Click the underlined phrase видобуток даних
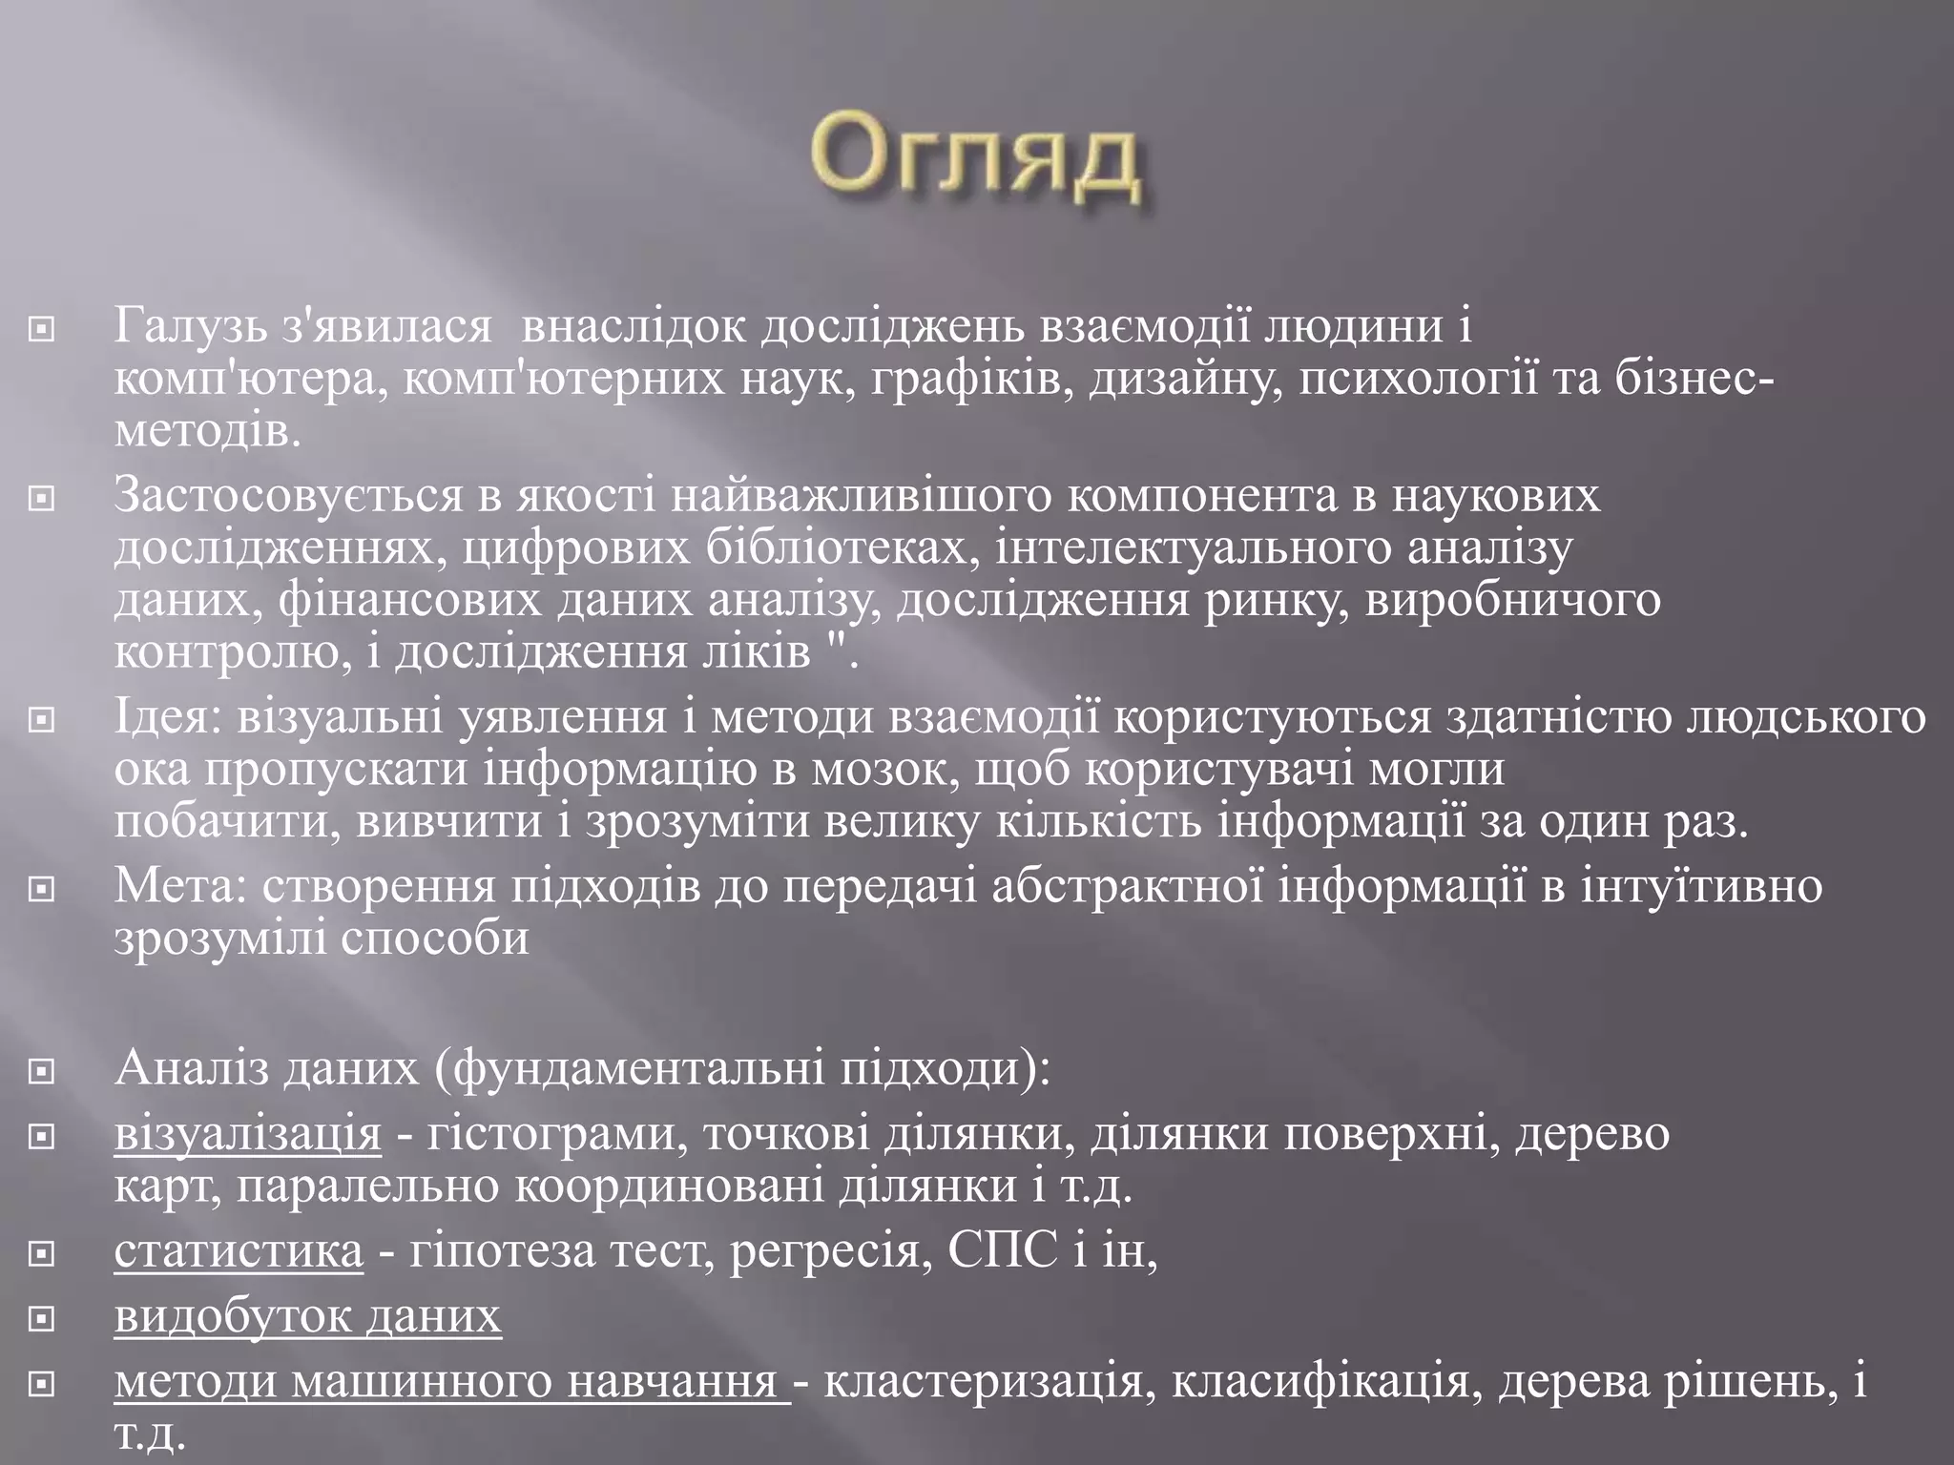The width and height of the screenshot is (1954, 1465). coord(307,1317)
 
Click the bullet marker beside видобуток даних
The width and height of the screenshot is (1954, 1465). coord(41,1320)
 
